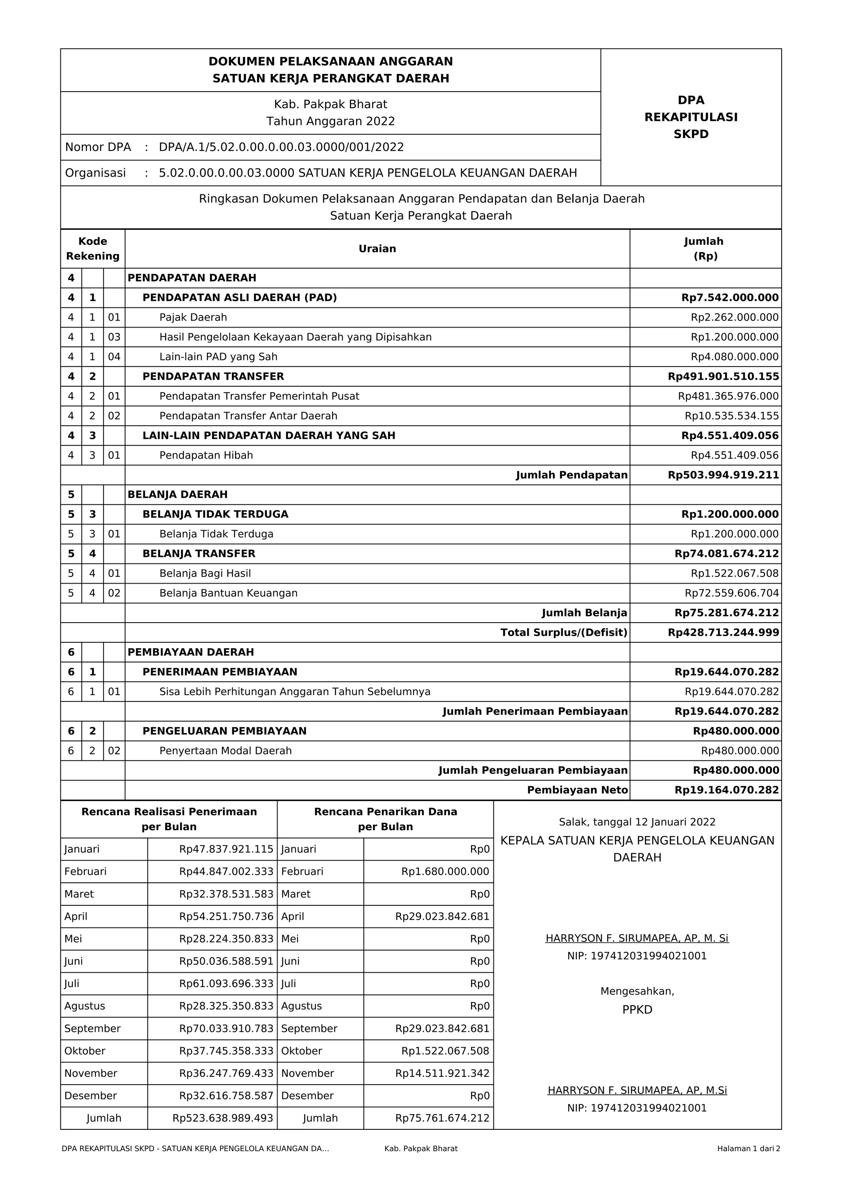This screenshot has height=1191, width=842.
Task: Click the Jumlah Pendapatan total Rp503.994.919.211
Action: click(x=723, y=475)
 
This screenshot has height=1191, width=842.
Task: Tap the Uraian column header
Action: click(x=377, y=249)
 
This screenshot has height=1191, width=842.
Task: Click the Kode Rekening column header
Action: click(x=93, y=249)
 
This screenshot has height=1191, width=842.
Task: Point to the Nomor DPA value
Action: click(x=281, y=147)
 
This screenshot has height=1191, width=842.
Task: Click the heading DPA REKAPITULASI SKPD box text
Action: click(x=691, y=117)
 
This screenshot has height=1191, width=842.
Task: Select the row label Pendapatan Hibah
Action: click(x=206, y=455)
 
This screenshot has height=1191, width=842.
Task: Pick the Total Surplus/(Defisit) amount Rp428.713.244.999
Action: click(x=723, y=633)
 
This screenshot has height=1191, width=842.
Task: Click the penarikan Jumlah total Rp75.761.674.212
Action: click(x=442, y=1118)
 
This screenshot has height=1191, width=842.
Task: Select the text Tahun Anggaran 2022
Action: click(x=331, y=121)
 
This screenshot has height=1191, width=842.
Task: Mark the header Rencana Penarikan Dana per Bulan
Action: click(x=386, y=819)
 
